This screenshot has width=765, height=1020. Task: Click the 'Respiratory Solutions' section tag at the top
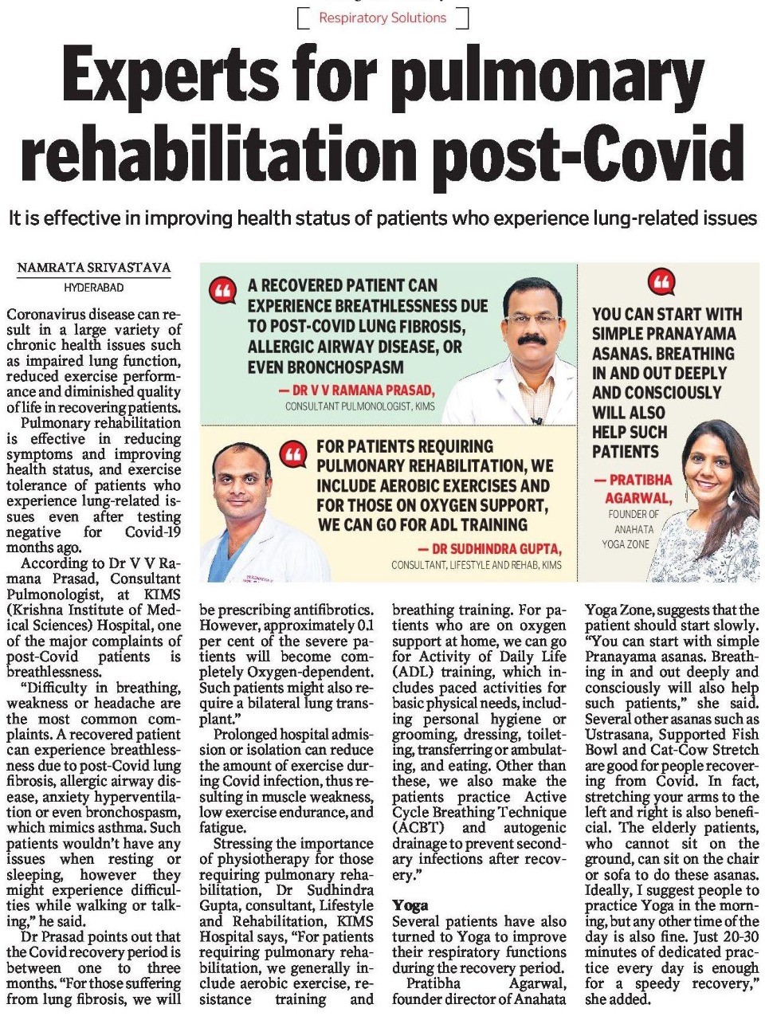coord(382,17)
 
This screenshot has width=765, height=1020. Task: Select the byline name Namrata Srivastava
coord(94,269)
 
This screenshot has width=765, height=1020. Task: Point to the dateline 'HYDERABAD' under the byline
coord(94,287)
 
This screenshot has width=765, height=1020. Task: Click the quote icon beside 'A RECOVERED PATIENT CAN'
coord(224,291)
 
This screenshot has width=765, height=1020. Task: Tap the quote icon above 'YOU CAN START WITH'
coord(662,281)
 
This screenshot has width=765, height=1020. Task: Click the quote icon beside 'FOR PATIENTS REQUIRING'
coord(294,453)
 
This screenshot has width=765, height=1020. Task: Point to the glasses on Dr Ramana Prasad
coord(532,318)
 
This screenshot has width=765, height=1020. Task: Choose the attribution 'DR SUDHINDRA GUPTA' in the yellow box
coord(489,549)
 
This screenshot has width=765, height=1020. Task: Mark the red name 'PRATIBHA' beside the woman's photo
coord(641,480)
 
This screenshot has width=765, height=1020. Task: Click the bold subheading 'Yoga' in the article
coord(410,905)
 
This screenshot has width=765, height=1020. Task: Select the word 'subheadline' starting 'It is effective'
coord(382,218)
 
